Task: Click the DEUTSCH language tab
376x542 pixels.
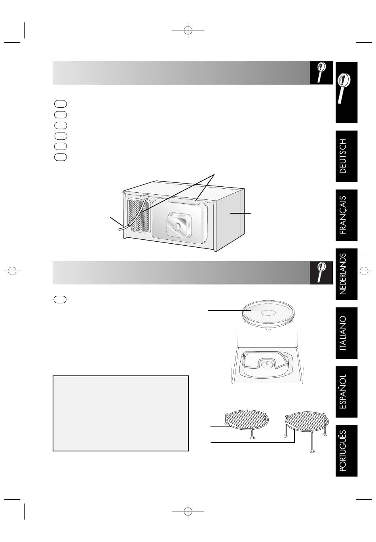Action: tap(346, 156)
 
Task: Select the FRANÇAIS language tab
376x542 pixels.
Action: tap(346, 215)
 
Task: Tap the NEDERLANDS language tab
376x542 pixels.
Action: tap(346, 274)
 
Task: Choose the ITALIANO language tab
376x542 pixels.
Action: tap(346, 333)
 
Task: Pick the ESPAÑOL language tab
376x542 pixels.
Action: tap(346, 392)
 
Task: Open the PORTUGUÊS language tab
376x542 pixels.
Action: tap(346, 451)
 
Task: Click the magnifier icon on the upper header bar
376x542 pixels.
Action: tap(321, 73)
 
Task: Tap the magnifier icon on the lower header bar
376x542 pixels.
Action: tap(321, 273)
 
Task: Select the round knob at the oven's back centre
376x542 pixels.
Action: tap(178, 226)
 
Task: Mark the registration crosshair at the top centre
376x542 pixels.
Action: tap(188, 30)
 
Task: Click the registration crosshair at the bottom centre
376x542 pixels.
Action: tap(188, 511)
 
